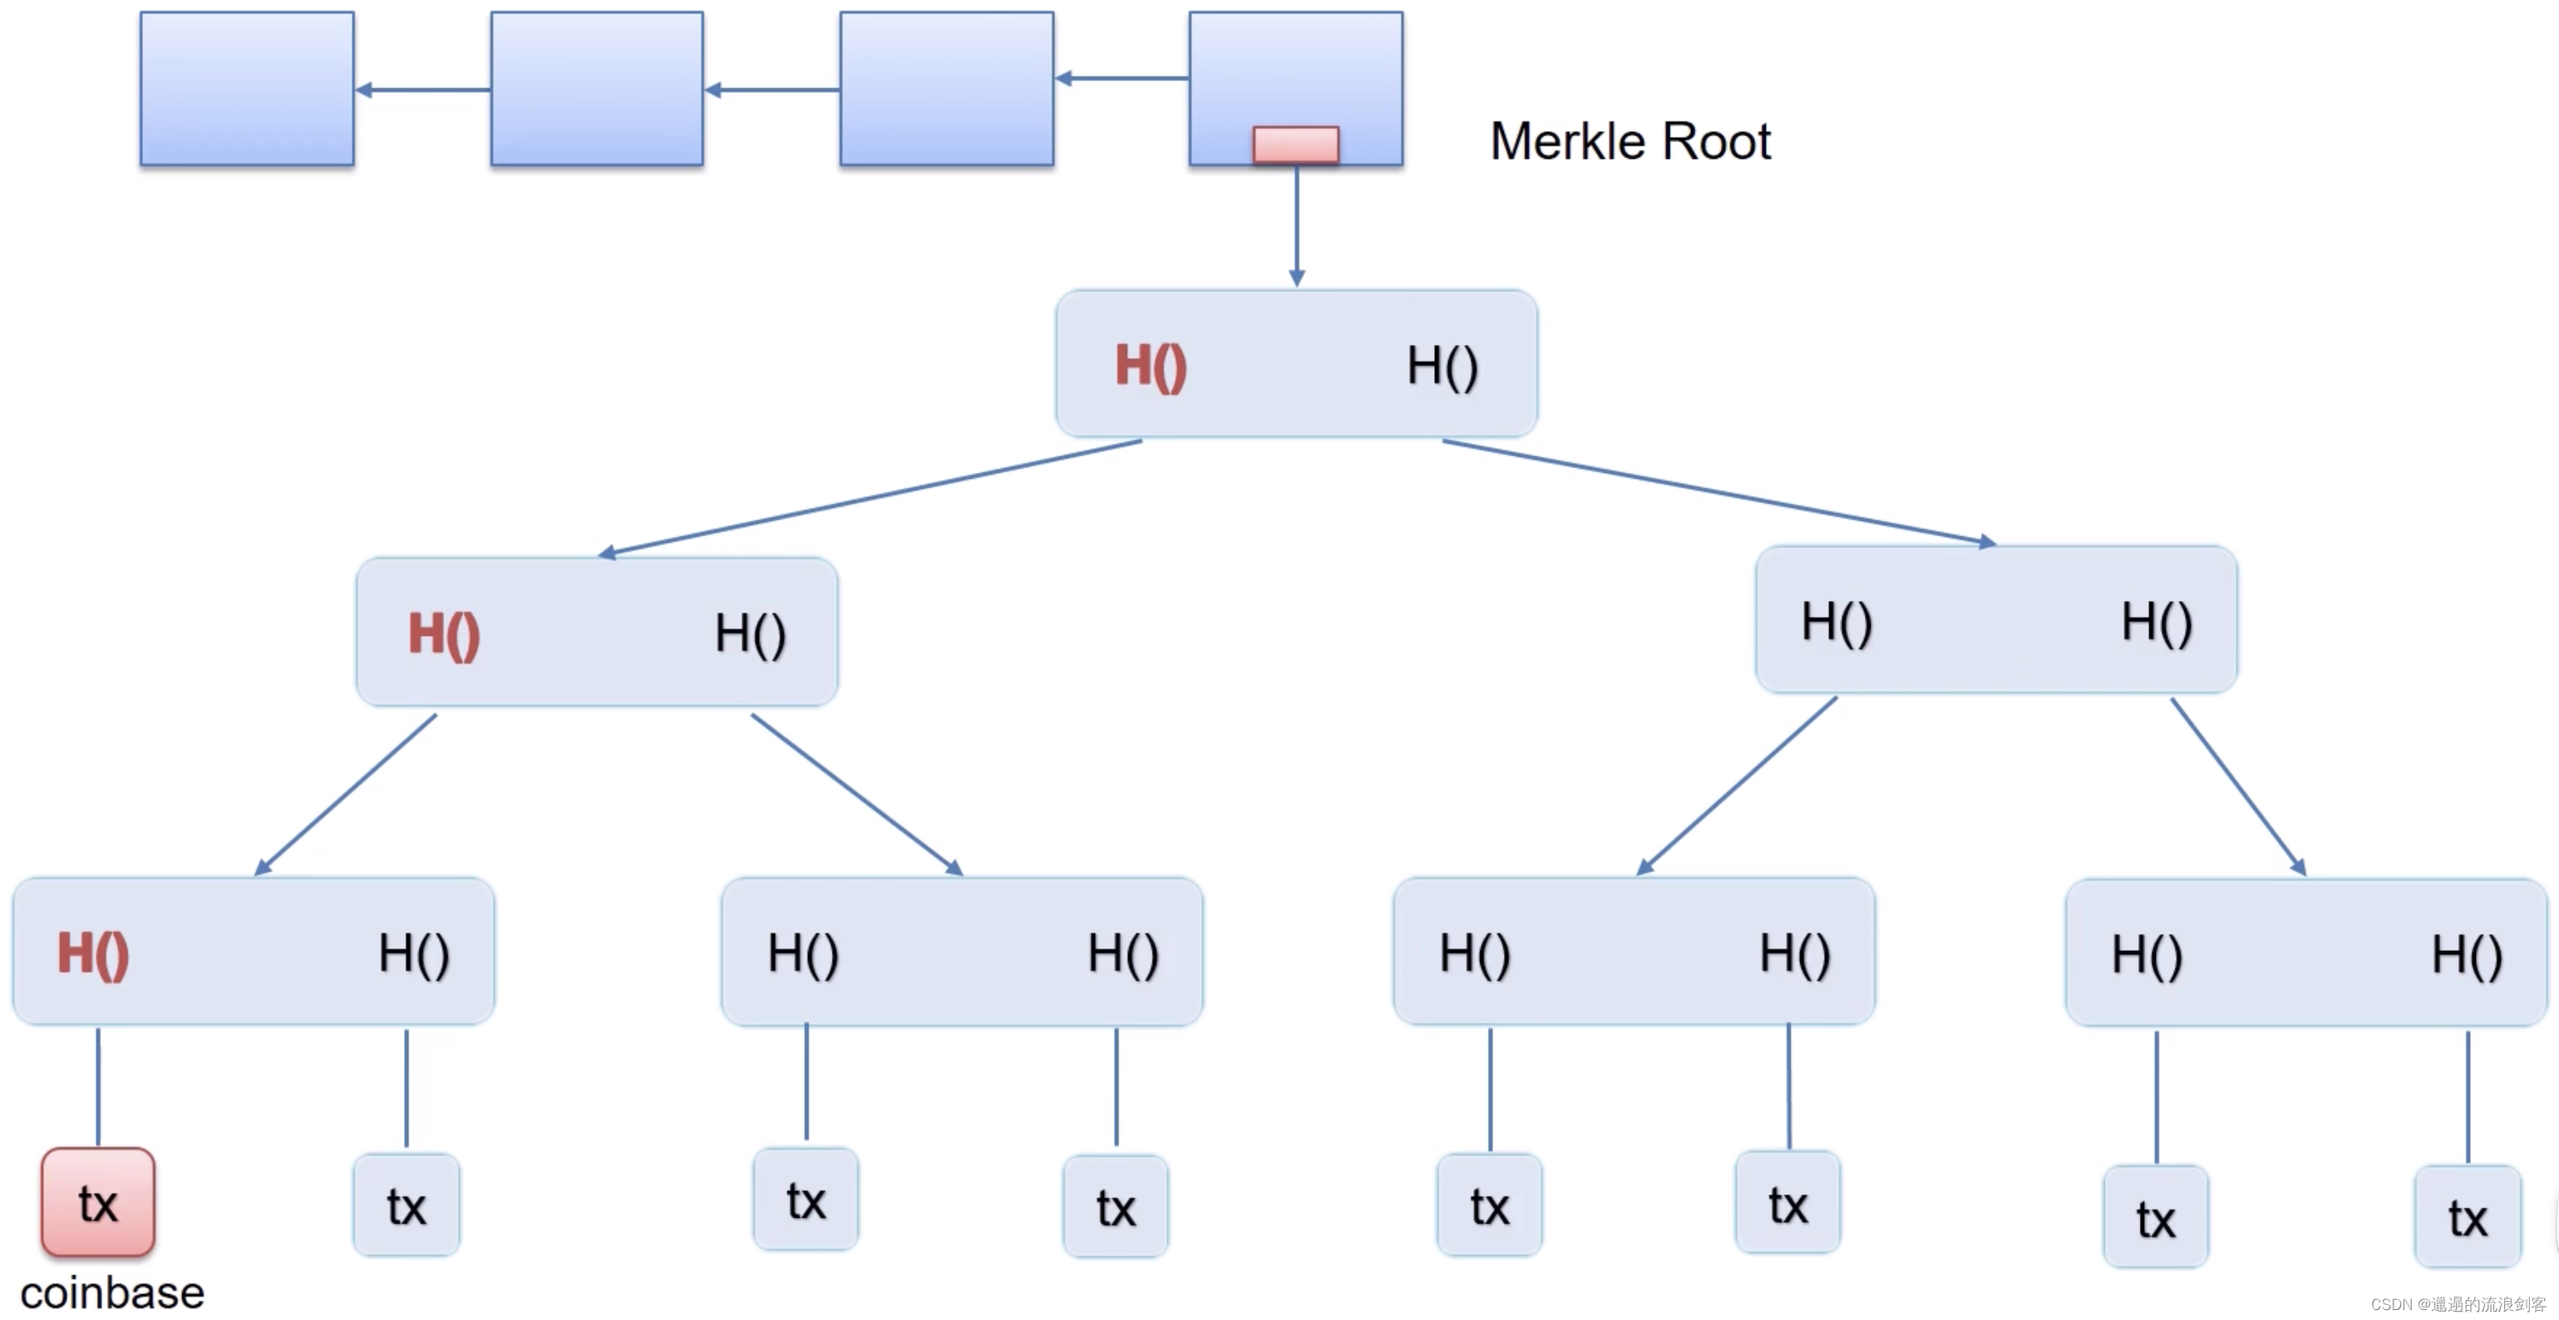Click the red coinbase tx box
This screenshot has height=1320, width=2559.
click(x=97, y=1202)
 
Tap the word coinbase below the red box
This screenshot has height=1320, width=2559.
click(x=112, y=1293)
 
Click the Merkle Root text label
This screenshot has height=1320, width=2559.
click(x=1630, y=141)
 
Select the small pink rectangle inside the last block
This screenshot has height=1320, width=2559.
click(x=1295, y=144)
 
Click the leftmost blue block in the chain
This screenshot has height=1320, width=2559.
click(x=246, y=88)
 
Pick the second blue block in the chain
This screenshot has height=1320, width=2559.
click(x=596, y=88)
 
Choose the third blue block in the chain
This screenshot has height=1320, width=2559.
click(x=946, y=88)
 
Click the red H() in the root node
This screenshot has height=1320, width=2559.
click(x=1151, y=366)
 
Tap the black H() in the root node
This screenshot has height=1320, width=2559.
click(x=1442, y=366)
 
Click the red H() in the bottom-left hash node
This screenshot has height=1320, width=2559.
click(x=92, y=953)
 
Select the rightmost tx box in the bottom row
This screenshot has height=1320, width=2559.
click(x=2468, y=1218)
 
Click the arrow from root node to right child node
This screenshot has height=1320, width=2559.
click(x=1718, y=493)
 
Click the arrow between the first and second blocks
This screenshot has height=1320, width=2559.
click(x=422, y=90)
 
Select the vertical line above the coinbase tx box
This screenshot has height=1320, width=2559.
click(x=97, y=1086)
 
